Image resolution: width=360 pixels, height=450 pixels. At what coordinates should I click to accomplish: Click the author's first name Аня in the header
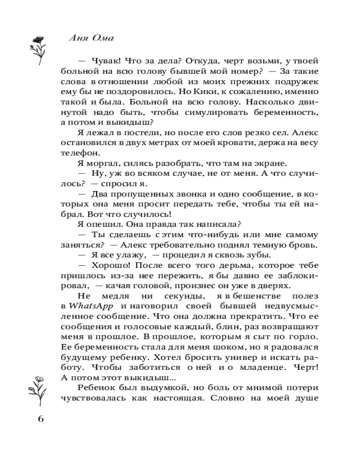(77, 38)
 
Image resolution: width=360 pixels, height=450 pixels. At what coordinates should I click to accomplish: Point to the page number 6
(40, 419)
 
